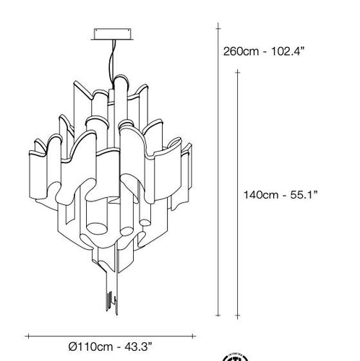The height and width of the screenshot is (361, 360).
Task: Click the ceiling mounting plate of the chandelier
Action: (113, 34)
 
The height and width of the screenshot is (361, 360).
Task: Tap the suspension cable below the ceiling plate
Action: (113, 63)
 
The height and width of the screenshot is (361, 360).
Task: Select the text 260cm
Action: (241, 51)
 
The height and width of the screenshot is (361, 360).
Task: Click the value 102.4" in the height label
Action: (286, 51)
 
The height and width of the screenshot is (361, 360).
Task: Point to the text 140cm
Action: (261, 195)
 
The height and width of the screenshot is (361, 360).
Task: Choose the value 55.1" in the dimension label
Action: (304, 195)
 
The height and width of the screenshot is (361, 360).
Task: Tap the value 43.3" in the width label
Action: (139, 347)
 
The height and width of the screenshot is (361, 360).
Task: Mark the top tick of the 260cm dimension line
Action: (218, 29)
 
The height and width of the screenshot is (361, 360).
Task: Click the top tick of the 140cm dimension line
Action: (238, 72)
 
